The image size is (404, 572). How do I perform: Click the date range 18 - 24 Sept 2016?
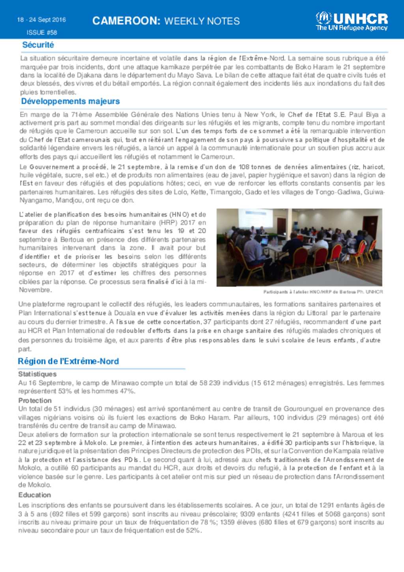pos(41,20)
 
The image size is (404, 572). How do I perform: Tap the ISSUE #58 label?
pos(42,33)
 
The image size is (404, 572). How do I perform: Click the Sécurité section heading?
pos(38,45)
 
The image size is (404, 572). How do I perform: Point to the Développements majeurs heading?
pos(70,101)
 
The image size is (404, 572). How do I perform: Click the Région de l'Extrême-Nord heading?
pos(68,361)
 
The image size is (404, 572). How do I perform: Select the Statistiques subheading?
pos(37,374)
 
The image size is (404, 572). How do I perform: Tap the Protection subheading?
pos(35,400)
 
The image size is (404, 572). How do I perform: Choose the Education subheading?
pos(35,495)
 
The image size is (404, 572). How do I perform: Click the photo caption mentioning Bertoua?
pos(323,292)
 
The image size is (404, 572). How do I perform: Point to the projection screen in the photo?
pos(255,218)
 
